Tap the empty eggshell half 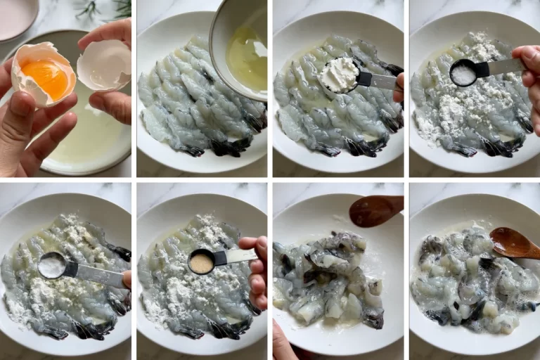coord(103,65)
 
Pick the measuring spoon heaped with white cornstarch coord(339,75)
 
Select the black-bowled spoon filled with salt coord(464,72)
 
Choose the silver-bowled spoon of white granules coord(53,266)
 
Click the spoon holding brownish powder coord(202,262)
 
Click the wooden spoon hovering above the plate coord(375,210)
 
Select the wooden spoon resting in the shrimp coord(513,243)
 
